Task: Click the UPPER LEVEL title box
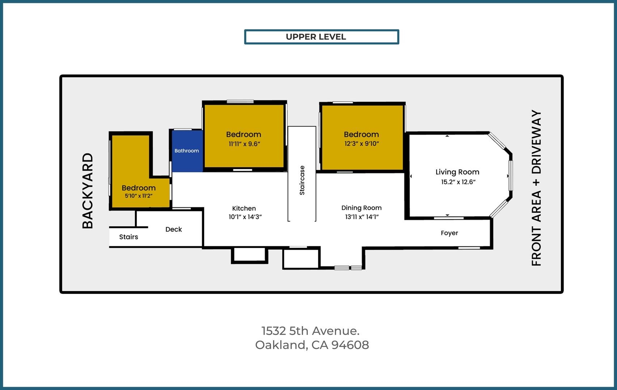coord(321,37)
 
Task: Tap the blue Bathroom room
coord(187,151)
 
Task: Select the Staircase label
coord(302,180)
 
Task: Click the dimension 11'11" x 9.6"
coord(244,144)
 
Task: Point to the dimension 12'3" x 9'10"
coord(361,144)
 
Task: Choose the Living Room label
coord(457,172)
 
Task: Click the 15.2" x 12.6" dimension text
coord(458,182)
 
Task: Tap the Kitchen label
coord(244,208)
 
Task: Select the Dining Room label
coord(361,208)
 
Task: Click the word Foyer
coord(449,233)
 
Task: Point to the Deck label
coord(174,229)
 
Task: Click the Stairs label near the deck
coord(128,237)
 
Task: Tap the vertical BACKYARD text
coord(88,191)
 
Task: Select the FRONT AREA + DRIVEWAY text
coord(536,188)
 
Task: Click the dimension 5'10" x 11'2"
coord(139,196)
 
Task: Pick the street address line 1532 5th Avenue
coord(310,331)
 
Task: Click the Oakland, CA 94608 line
coord(312,345)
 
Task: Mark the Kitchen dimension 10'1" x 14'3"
coord(245,217)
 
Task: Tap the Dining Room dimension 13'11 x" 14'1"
coord(361,217)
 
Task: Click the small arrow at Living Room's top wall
coord(447,136)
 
